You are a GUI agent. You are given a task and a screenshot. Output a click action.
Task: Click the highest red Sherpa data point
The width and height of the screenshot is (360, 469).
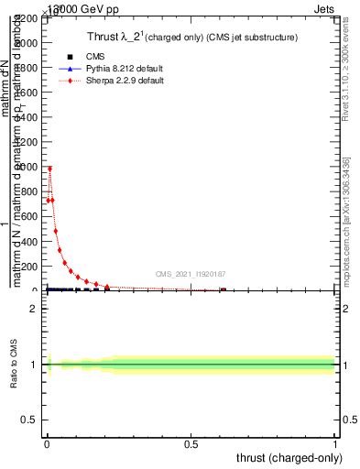pos(49,169)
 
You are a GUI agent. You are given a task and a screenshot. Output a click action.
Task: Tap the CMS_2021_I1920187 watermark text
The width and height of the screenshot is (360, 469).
pos(190,274)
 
